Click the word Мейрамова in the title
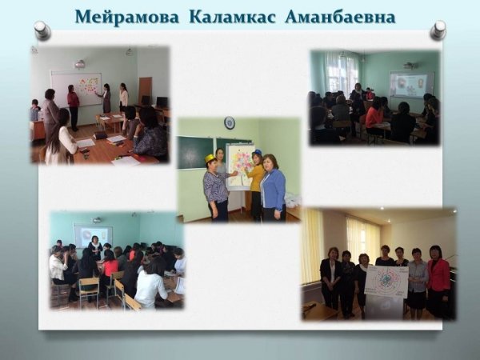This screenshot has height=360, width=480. coord(126,17)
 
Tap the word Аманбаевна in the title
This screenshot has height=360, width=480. coord(340,17)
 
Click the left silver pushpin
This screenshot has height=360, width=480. coord(42,30)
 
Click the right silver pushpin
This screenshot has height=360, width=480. coord(438,30)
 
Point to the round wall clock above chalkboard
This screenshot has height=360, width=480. coord(230,122)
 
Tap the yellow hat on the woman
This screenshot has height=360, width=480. coord(210,158)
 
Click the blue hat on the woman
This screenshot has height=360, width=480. coord(257,152)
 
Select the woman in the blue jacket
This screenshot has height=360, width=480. coord(273,187)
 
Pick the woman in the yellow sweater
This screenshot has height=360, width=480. coord(256,185)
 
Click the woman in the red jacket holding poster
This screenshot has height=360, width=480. coord(438,281)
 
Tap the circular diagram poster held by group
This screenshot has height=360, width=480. coord(386,282)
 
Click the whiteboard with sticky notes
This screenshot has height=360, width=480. coord(76,89)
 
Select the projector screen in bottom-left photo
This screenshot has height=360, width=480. coord(93,236)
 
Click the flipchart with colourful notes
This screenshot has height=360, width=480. coord(239,166)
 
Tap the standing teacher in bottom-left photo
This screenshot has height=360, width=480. coord(95,247)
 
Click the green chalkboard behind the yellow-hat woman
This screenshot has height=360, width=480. coord(196,153)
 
